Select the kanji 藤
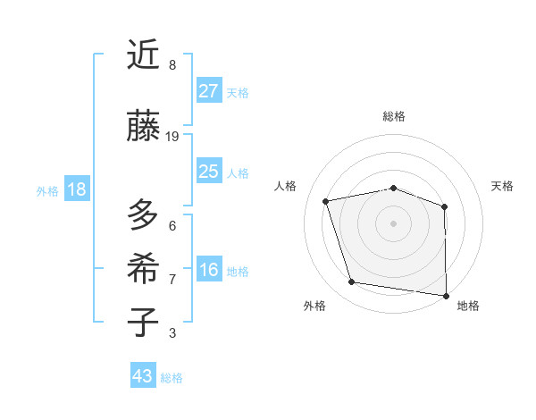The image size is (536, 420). [144, 126]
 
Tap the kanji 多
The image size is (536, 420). [144, 215]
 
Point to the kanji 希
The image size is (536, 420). [144, 268]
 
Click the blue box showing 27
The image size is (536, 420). [209, 91]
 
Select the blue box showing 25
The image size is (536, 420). [209, 172]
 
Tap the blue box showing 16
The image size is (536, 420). [209, 270]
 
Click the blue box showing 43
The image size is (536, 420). [143, 376]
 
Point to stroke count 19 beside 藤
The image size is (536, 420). [172, 137]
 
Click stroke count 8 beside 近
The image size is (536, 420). [172, 65]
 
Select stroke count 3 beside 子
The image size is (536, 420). [172, 333]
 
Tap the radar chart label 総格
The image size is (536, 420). [393, 116]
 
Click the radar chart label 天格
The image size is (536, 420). [502, 186]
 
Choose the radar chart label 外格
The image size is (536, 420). [314, 306]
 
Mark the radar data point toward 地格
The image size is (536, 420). [446, 295]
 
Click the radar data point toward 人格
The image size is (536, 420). [326, 201]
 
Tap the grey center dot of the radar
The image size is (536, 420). [393, 223]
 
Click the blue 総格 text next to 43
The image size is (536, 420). [172, 378]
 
